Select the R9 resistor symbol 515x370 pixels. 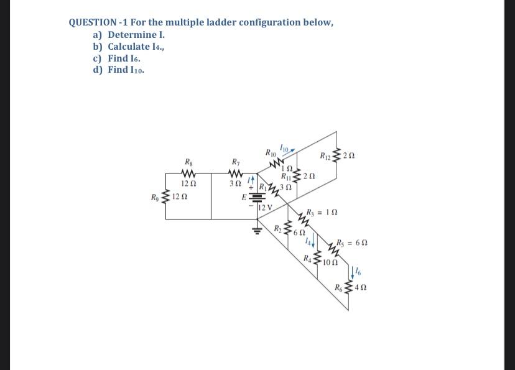click(166, 197)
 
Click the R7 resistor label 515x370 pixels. click(235, 164)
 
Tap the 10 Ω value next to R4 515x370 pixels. click(331, 262)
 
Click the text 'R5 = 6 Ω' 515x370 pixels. click(352, 242)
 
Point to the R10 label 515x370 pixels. click(271, 153)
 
